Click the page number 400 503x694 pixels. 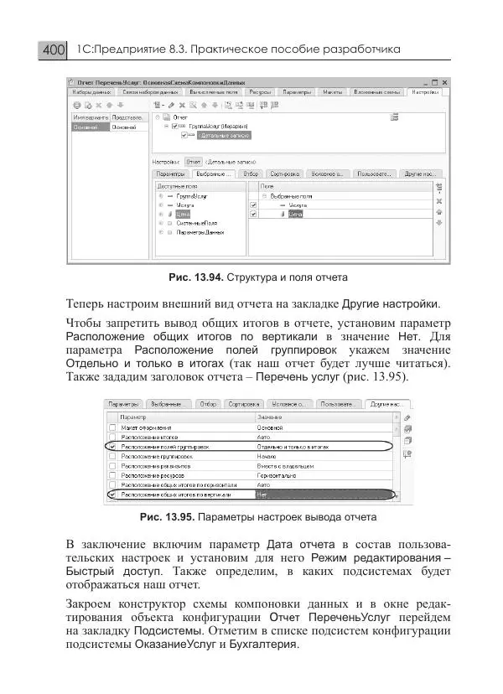(x=53, y=51)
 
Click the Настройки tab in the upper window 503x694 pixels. (x=427, y=92)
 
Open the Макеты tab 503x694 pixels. (x=334, y=92)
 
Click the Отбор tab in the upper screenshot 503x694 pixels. (x=251, y=174)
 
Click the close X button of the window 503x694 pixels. (x=445, y=82)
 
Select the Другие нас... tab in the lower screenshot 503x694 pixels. (x=390, y=404)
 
